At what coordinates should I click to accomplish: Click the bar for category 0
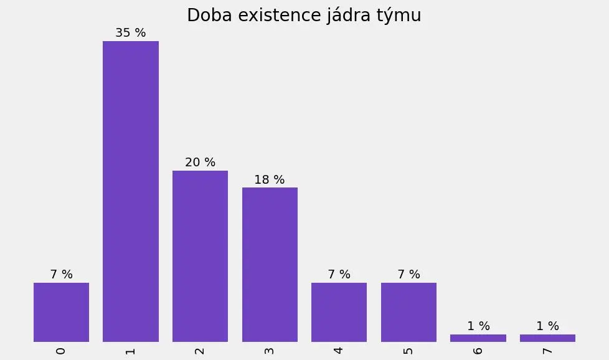coord(61,312)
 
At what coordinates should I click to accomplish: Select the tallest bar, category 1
coord(131,191)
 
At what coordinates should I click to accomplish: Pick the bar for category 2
coord(200,256)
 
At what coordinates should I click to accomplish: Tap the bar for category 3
coord(270,264)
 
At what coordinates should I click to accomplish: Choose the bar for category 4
coord(339,312)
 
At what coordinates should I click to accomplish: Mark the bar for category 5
coord(408,312)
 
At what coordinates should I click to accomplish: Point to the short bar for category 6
coord(478,338)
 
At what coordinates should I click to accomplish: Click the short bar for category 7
coord(547,338)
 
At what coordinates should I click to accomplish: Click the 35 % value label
coord(131,33)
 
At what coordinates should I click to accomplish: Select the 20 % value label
coord(200,163)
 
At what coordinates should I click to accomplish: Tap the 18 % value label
coord(270,180)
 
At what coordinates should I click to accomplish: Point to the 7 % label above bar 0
coord(61,275)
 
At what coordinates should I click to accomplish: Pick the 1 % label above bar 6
coord(478,326)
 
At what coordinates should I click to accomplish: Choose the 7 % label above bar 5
coord(408,275)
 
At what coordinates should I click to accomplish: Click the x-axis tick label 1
coord(131,351)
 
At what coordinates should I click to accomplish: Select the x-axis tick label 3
coord(270,351)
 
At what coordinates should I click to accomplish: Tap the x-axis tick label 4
coord(339,351)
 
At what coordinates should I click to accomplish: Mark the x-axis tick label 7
coord(547,351)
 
